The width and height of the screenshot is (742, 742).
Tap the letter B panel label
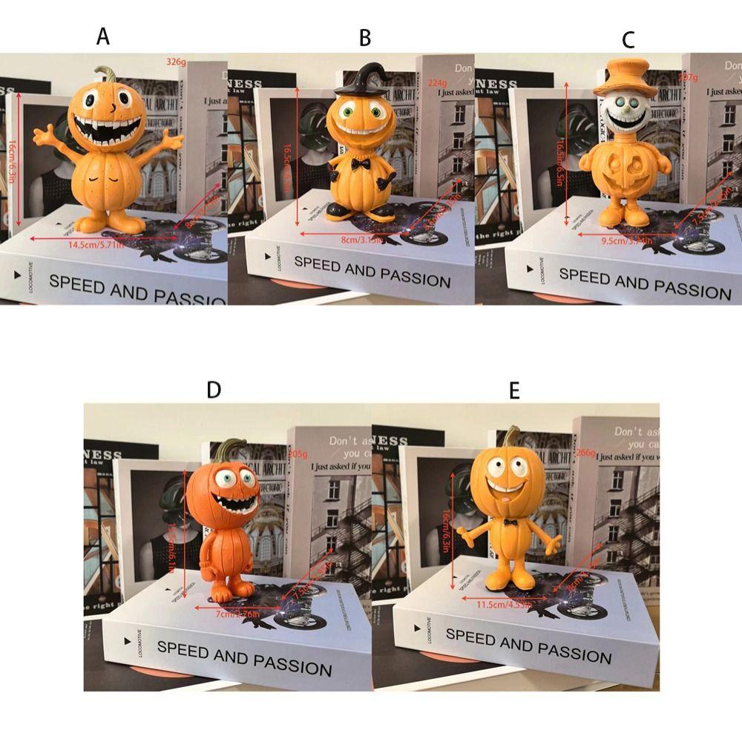pos(364,37)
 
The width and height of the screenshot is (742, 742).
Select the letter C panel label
pos(628,39)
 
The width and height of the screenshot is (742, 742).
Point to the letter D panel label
pos(214,390)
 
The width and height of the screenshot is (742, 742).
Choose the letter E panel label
pos(514,390)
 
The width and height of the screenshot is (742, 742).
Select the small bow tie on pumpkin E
pos(510,522)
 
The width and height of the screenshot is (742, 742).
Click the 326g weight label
pos(177,61)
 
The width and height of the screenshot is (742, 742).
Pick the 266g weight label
pos(585,454)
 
